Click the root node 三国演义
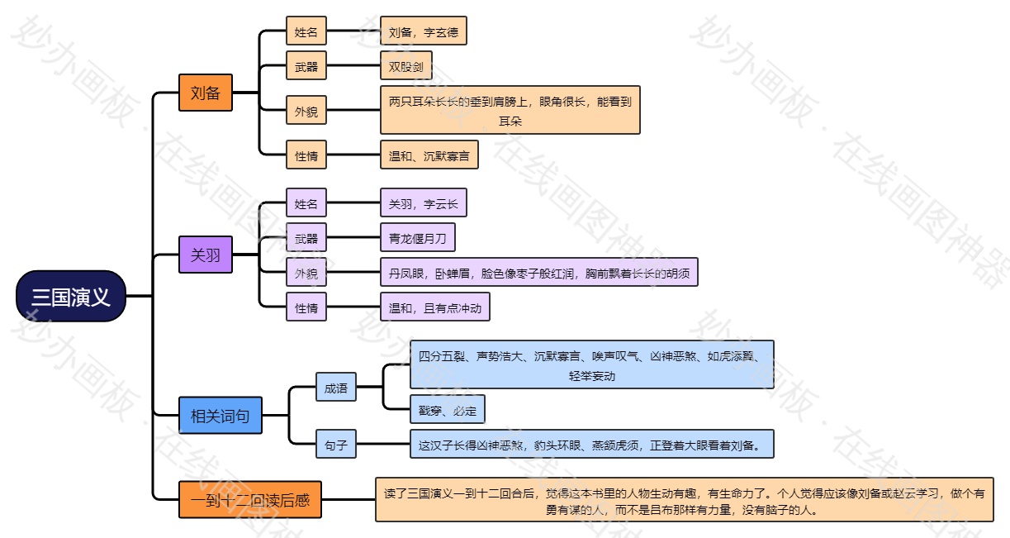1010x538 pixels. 71,296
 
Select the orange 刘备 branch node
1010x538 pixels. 206,93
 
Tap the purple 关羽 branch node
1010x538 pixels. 206,255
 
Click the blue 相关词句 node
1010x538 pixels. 220,416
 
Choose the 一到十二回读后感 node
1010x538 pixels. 250,500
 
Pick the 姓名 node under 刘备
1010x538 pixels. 306,33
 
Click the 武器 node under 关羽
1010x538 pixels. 306,240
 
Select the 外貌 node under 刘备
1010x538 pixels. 306,110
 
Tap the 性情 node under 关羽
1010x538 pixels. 306,308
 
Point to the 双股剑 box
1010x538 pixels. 405,67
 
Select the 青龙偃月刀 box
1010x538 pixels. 417,240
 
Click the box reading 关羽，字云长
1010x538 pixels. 423,204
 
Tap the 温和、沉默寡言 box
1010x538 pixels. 429,155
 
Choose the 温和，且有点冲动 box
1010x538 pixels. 434,308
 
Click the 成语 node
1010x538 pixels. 336,387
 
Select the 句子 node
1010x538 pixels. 336,445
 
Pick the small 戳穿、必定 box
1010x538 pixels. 448,410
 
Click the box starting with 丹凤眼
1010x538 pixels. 538,273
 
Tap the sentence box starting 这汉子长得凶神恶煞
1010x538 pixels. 591,445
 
